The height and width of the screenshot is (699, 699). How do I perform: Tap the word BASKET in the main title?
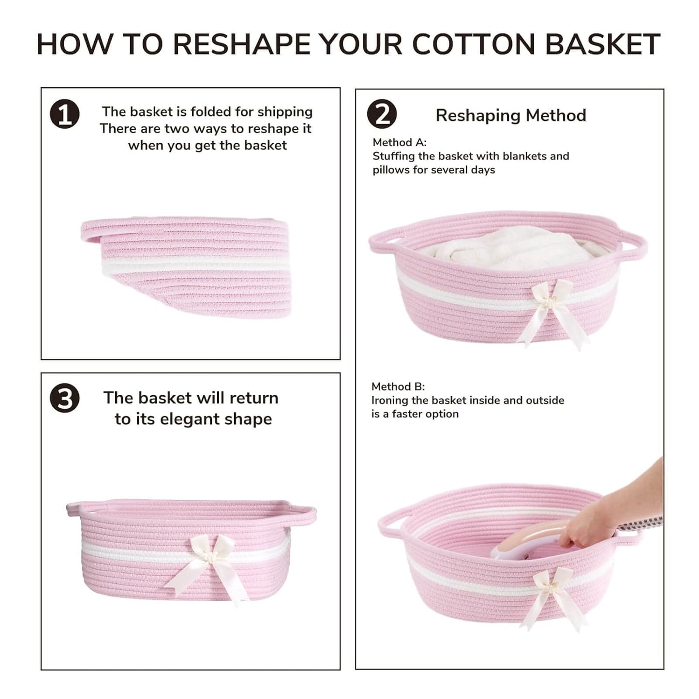(603, 45)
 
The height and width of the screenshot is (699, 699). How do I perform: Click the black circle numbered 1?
(64, 114)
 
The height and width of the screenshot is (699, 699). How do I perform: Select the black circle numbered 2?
(382, 114)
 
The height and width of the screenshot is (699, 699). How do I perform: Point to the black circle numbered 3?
(64, 399)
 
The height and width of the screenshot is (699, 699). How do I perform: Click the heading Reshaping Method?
(511, 115)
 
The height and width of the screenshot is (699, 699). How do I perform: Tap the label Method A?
(400, 142)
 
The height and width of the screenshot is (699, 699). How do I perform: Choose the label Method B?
(398, 387)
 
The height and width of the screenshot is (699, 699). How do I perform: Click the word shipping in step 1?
(285, 112)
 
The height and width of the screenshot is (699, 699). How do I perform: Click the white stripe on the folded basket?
(196, 265)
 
